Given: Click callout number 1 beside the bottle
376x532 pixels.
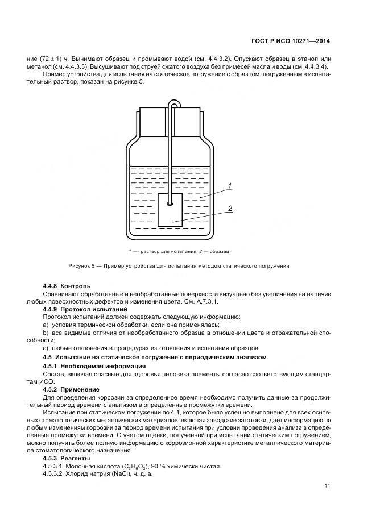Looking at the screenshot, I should point(229,185).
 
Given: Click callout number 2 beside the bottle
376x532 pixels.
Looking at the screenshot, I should point(230,209).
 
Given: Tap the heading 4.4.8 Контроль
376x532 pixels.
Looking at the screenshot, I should point(67,285).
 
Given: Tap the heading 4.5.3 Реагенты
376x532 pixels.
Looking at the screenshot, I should point(67,458).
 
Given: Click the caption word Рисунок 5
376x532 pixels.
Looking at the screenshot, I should point(83,265).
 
